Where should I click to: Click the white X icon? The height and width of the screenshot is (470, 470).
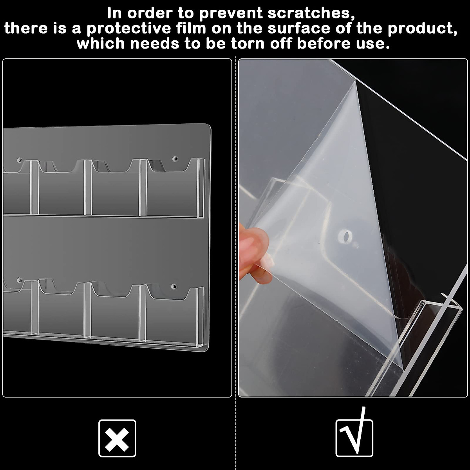coord(117,438)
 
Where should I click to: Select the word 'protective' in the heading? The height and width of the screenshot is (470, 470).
coord(129,29)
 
